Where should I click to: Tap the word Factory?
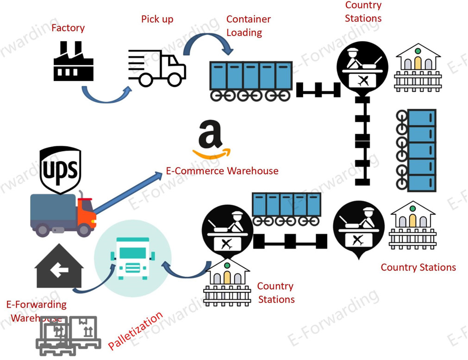68,28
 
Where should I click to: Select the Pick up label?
157,19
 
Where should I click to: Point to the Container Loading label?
248,26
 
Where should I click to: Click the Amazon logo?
211,139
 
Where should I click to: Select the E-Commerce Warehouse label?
222,171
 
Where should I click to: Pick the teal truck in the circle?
132,259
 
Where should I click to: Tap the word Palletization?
135,331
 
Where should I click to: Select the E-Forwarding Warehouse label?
36,311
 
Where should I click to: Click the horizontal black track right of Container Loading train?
318,89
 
